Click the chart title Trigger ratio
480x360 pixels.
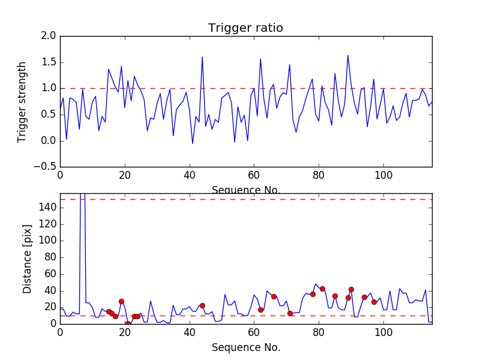click(245, 28)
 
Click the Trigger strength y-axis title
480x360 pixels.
click(22, 101)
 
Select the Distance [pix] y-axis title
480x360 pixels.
click(28, 263)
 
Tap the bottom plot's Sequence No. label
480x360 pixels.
click(245, 347)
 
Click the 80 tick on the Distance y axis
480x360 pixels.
click(49, 257)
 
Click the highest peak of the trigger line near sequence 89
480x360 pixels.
click(348, 55)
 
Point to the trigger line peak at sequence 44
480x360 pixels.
click(202, 57)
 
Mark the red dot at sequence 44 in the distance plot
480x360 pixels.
click(202, 305)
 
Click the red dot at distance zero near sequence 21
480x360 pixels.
click(128, 323)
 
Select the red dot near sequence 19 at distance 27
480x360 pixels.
click(121, 301)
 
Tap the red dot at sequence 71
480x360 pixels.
click(290, 313)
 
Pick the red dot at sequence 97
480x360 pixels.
click(374, 302)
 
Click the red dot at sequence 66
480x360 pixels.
click(274, 296)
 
